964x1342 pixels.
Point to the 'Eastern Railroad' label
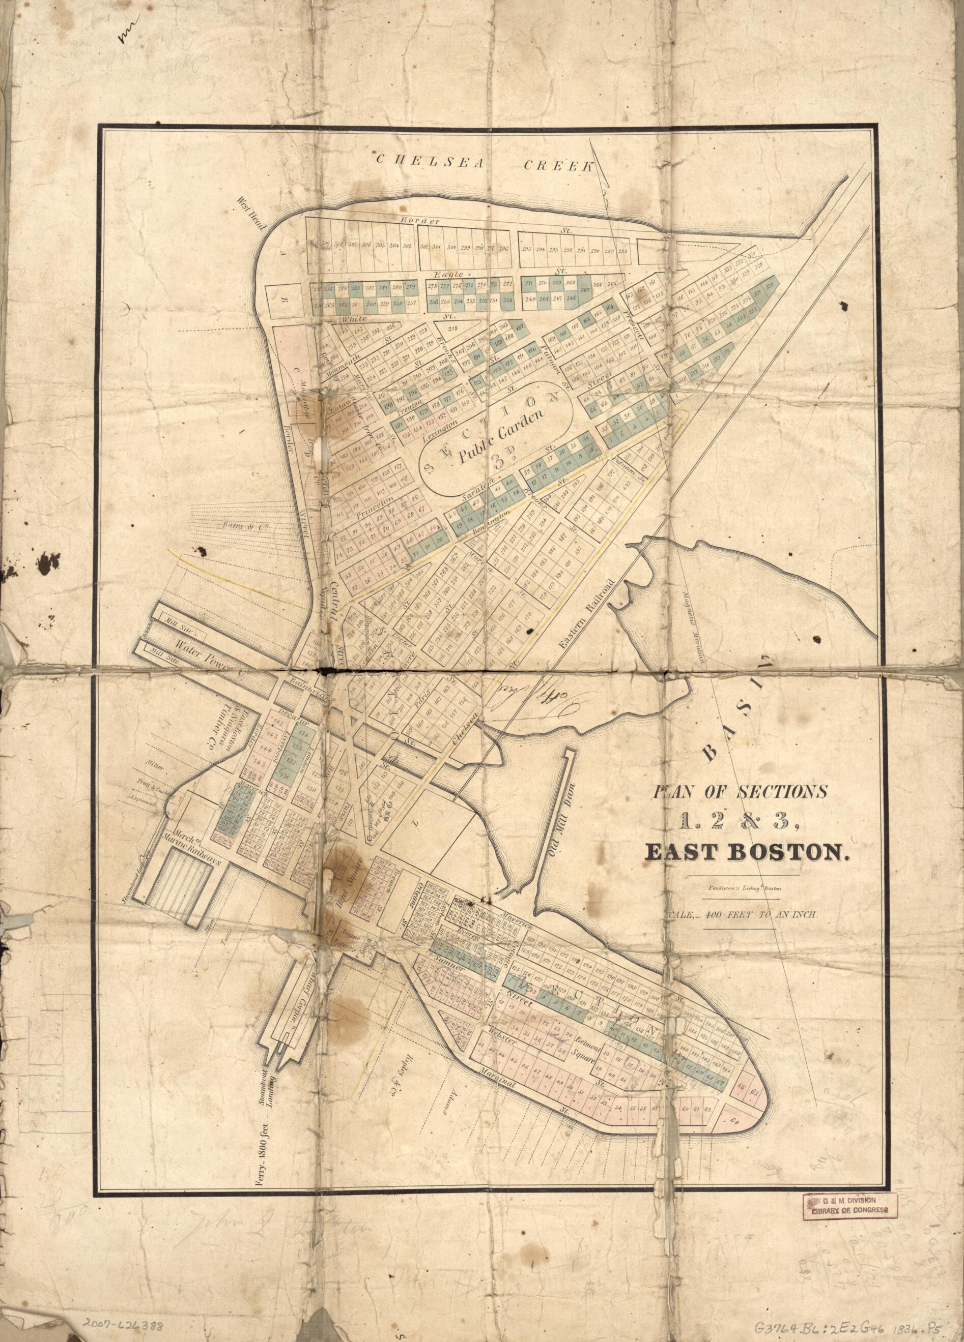click(586, 614)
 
